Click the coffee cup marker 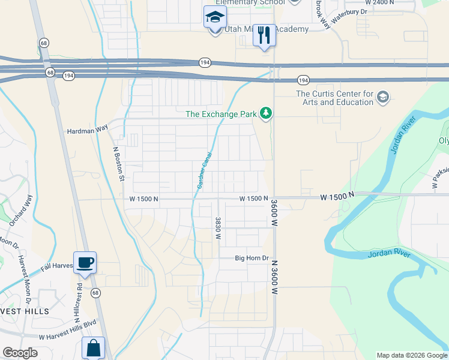(x=85, y=262)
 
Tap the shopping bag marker (x=93, y=348)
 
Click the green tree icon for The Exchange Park (x=265, y=113)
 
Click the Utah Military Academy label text (x=267, y=29)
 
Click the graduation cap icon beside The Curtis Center (x=383, y=97)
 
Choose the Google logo (x=20, y=353)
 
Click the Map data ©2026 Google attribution (x=412, y=355)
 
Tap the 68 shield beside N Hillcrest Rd (x=95, y=293)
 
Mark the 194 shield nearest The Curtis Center (x=304, y=80)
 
